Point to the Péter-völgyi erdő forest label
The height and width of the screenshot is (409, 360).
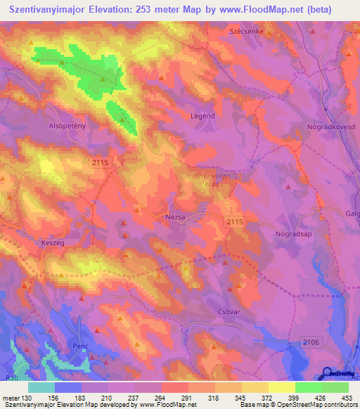tap(207, 180)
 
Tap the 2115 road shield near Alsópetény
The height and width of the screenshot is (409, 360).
tap(100, 162)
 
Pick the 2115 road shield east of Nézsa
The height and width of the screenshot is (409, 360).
tap(234, 221)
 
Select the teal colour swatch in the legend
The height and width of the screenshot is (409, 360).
tap(41, 387)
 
